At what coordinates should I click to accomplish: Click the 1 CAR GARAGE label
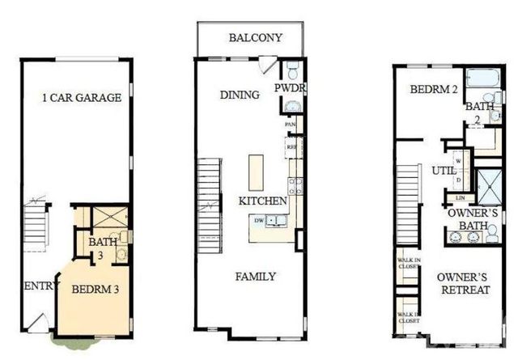(x=82, y=98)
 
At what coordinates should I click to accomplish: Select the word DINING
(x=240, y=95)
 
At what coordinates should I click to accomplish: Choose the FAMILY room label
(x=255, y=277)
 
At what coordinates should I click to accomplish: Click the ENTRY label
(x=38, y=286)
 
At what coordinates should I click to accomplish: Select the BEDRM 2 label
(x=429, y=90)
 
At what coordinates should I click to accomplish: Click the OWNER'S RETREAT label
(x=461, y=284)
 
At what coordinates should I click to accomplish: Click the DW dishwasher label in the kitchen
(x=259, y=219)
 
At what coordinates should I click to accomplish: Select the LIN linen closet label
(x=460, y=197)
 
